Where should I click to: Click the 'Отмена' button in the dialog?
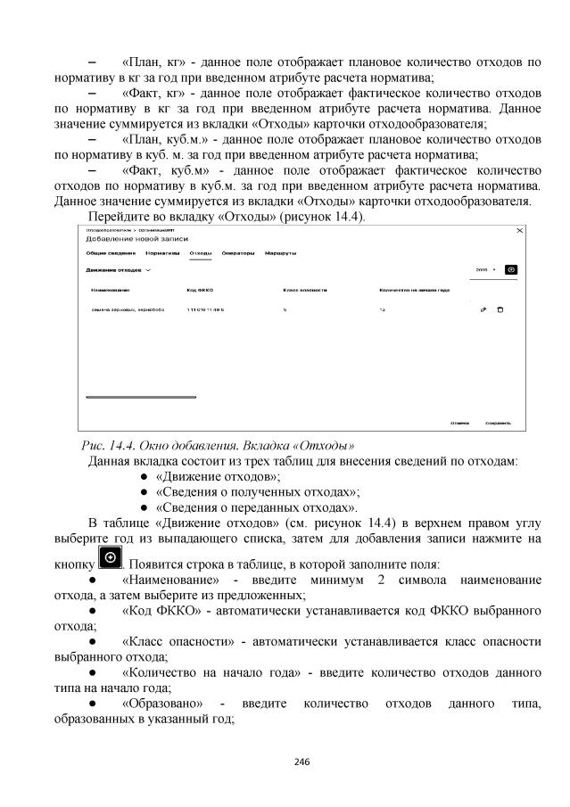[x=459, y=424]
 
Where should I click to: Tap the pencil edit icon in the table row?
[x=483, y=309]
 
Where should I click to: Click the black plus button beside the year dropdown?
[x=510, y=268]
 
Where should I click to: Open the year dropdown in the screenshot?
[x=485, y=268]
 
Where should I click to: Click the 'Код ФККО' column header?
[x=199, y=290]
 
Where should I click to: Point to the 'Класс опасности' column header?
[x=304, y=290]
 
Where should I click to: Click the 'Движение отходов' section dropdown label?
[x=118, y=268]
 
